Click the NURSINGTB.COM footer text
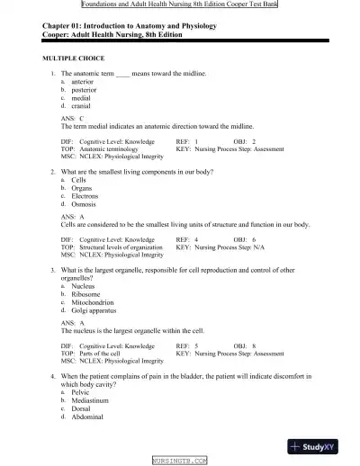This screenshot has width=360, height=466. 180,460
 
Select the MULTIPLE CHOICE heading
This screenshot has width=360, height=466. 74,58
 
